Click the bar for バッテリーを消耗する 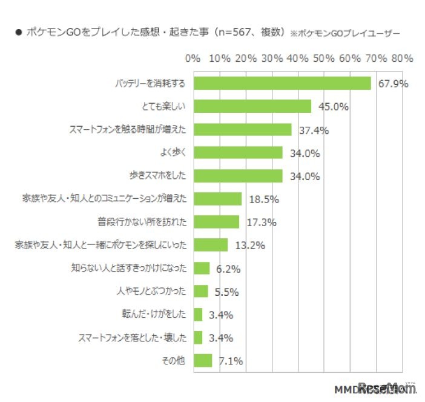coord(282,83)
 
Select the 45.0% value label coord(332,107)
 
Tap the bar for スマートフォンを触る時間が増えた coord(242,130)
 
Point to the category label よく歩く coord(173,153)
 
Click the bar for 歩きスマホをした coord(238,176)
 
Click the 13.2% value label coord(249,246)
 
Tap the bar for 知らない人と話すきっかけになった coord(202,269)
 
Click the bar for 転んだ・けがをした coord(198,315)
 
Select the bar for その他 coord(203,361)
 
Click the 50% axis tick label coord(324,59)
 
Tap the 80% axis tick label coord(402,59)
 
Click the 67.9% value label coord(393,84)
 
